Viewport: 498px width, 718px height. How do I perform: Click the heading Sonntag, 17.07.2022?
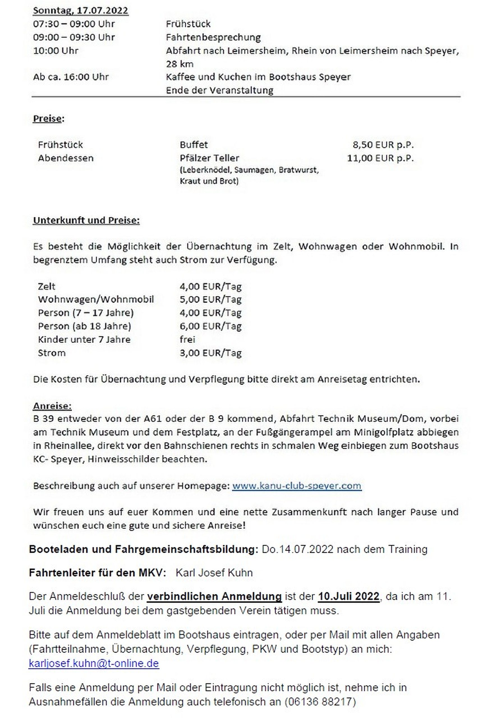click(x=80, y=11)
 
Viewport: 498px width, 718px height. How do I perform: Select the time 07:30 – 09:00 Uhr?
click(x=74, y=24)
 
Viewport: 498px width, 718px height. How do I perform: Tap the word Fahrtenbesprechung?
click(x=213, y=37)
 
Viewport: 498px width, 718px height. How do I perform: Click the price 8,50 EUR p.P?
click(x=383, y=145)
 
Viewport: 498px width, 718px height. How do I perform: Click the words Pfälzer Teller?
click(x=209, y=158)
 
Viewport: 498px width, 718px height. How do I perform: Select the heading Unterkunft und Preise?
click(x=86, y=220)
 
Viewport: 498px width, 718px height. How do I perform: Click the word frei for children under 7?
click(x=187, y=339)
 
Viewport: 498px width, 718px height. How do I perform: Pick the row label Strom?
click(x=52, y=353)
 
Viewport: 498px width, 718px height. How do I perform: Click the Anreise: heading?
click(x=52, y=406)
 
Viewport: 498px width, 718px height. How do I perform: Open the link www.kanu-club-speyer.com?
click(x=297, y=486)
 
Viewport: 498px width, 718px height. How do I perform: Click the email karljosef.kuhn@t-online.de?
click(x=94, y=663)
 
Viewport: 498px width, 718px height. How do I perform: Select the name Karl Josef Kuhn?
click(x=214, y=573)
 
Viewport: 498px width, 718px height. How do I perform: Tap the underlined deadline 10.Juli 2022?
click(x=348, y=596)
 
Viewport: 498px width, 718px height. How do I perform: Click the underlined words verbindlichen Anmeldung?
click(x=214, y=596)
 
